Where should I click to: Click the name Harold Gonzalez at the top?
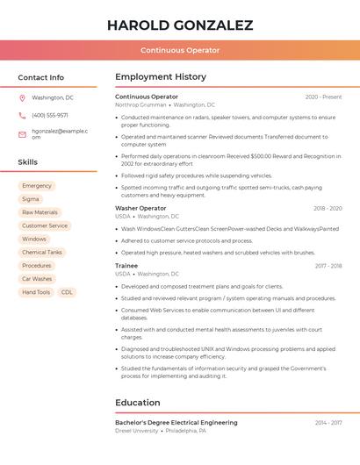[180, 25]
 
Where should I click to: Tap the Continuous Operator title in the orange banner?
[180, 50]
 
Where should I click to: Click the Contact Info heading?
[41, 77]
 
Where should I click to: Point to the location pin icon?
[22, 97]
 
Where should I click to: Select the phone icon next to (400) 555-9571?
[22, 115]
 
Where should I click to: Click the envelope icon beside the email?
[22, 134]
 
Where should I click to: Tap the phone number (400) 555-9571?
[50, 115]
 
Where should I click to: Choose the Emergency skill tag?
[37, 186]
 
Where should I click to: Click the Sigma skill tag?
[31, 199]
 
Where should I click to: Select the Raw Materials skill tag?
[40, 212]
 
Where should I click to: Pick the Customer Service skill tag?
[45, 225]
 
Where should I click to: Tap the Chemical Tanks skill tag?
[42, 252]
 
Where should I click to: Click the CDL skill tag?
[67, 292]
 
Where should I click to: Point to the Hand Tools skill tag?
[36, 292]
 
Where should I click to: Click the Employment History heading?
[161, 77]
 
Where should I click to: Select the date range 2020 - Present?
[323, 97]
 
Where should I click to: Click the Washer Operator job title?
[140, 208]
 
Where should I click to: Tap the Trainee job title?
[126, 265]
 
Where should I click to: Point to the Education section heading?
[138, 403]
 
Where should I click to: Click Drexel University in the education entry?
[137, 431]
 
